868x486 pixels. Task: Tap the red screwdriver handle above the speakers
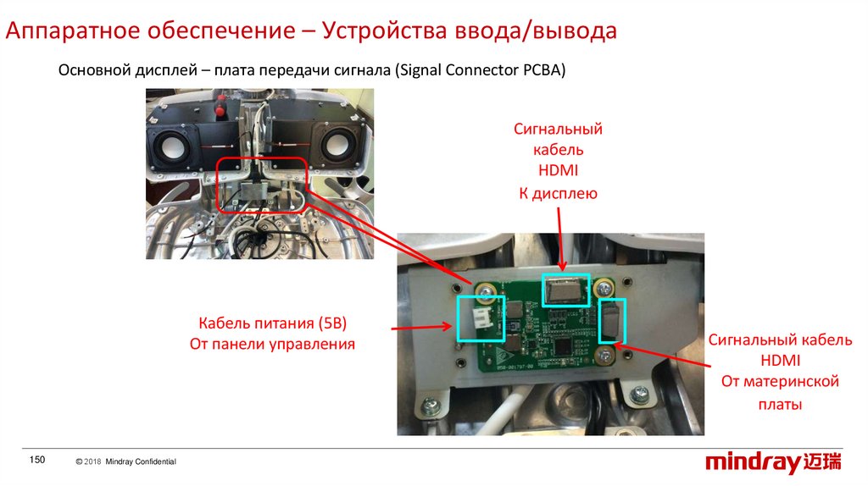[223, 110]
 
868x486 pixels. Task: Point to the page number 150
[36, 460]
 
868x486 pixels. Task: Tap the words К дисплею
[559, 194]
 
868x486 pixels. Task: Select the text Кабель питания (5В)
[273, 323]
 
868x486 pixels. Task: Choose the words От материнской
[780, 382]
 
